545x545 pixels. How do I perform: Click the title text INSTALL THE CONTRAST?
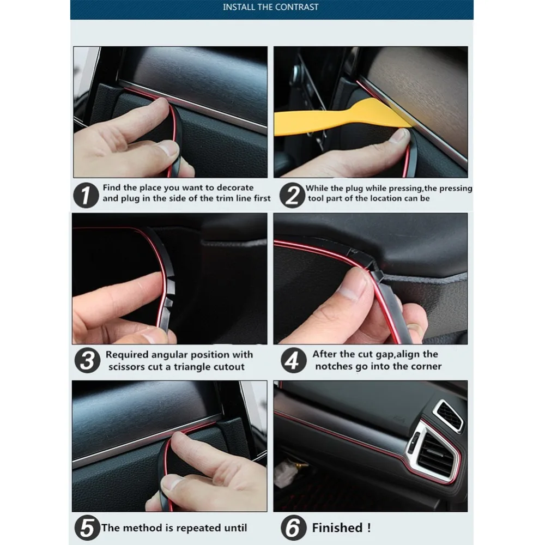click(x=270, y=7)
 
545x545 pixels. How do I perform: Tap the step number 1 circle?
click(x=86, y=195)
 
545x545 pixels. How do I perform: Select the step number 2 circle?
click(x=292, y=195)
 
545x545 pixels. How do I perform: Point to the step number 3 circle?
click(x=87, y=360)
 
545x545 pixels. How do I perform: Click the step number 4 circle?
click(x=293, y=360)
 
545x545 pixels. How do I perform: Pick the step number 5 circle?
click(x=87, y=528)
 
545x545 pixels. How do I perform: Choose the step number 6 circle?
click(x=293, y=528)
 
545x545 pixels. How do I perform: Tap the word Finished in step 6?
click(x=337, y=528)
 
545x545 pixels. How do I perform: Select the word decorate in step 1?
click(x=235, y=187)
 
